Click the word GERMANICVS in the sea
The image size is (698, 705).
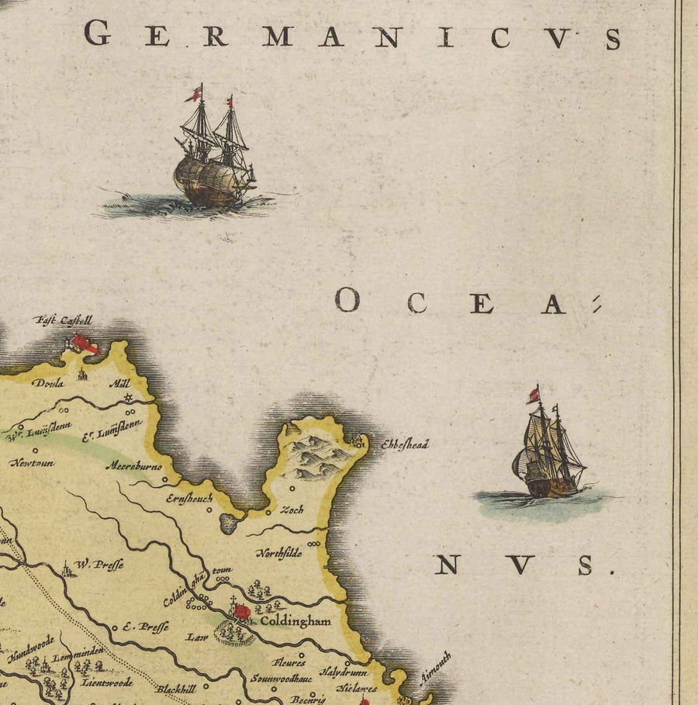coord(353,36)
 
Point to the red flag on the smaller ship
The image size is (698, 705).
coord(533,396)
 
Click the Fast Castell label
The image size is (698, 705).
coord(63,320)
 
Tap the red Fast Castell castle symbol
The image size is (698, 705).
coord(83,344)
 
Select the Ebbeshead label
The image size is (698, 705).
coord(403,445)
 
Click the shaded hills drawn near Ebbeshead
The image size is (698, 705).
coord(318,458)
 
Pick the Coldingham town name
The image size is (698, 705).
coord(295,620)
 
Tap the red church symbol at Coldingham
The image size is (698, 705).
coord(242,612)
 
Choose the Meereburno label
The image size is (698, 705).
coord(129,469)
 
